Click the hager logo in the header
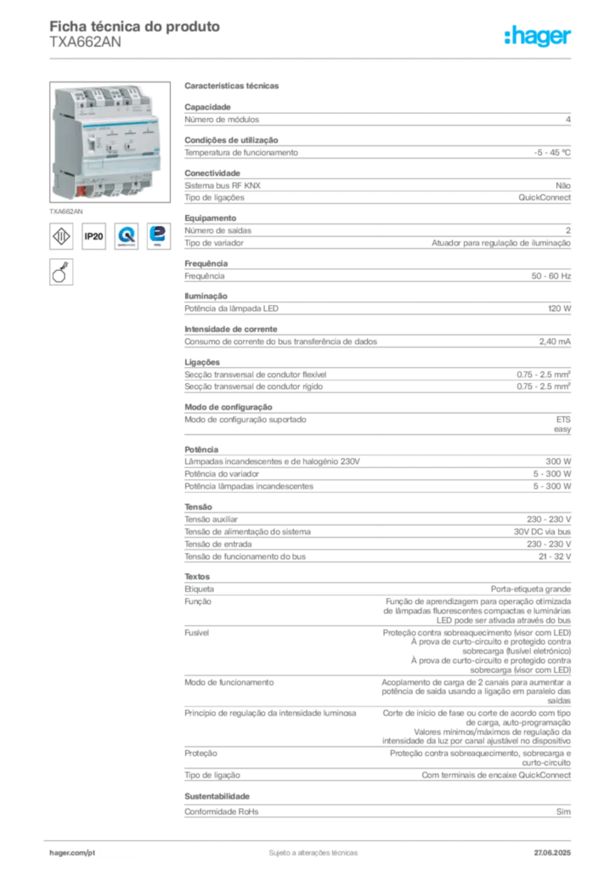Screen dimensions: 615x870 pos(537,37)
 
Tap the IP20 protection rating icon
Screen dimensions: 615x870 pos(93,236)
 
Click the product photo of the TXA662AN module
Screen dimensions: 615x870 pos(110,142)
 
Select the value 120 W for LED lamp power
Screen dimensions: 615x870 pos(559,308)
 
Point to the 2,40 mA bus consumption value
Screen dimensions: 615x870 pos(555,342)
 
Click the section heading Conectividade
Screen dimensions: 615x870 pos(212,173)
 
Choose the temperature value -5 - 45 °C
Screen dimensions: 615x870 pos(552,153)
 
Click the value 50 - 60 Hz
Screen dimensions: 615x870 pos(550,276)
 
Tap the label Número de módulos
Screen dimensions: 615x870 pos(222,119)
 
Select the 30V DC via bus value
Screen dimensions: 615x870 pos(542,532)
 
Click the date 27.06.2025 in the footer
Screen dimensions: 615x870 pos(552,852)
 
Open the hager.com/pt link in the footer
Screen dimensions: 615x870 pos(72,852)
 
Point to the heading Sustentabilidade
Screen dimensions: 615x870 pos(217,796)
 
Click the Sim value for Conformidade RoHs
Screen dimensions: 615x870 pos(563,811)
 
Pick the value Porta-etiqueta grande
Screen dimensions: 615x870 pos(531,590)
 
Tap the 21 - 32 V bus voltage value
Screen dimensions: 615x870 pos(555,556)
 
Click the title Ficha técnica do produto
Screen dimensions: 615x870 pos(135,26)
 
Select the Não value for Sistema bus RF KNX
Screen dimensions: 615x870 pos(563,186)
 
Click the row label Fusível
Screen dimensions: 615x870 pos(197,632)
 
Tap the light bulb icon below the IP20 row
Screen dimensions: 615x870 pos(61,272)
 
